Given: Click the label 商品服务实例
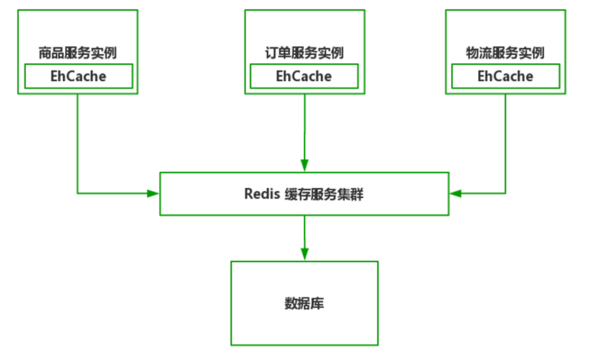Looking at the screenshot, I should coord(77,53).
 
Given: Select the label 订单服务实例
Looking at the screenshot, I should coord(304,53).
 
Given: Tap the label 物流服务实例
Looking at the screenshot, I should coord(505,53).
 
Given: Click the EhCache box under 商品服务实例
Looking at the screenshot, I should coord(78,76).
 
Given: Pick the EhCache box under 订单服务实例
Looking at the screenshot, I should coord(304,76).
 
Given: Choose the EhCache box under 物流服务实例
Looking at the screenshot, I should coord(506,76).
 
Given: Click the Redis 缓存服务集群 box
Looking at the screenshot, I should coord(304,194).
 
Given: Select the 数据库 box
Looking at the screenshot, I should coord(304,303).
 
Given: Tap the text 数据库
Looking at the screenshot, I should coord(304,303).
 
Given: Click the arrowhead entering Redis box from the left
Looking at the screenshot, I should coord(153,194).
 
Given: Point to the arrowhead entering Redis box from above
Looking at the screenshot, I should coord(304,165).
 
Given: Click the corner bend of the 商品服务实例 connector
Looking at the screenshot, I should coord(77,194).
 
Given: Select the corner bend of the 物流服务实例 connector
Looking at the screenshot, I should coord(505,194).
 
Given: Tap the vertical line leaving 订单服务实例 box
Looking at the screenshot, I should coord(304,127).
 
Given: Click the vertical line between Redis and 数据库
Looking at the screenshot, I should coord(304,232).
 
